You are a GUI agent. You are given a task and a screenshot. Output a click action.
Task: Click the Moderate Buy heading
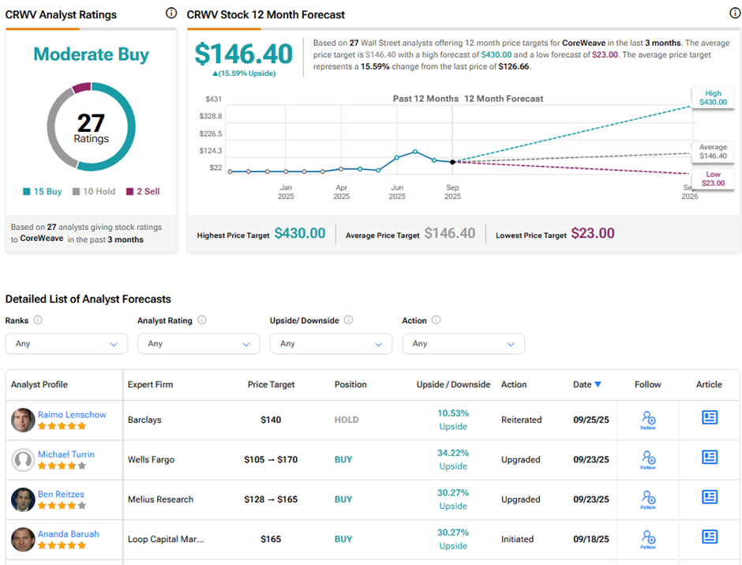(91, 55)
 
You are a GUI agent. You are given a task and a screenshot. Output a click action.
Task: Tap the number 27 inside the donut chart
(91, 122)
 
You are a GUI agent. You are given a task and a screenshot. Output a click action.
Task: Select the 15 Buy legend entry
(43, 191)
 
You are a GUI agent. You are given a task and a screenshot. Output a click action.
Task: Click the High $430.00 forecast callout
(712, 96)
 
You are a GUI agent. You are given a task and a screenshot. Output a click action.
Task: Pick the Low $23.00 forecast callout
(713, 179)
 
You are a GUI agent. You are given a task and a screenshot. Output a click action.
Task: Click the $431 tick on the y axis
(214, 99)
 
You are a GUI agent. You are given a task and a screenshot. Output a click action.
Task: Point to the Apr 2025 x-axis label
(341, 192)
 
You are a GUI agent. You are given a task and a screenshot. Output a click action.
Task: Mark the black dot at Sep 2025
(452, 162)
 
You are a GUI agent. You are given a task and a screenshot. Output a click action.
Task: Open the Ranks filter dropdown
(66, 344)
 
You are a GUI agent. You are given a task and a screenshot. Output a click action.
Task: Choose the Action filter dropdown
(463, 344)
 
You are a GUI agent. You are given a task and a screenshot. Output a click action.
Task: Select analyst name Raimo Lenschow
(72, 414)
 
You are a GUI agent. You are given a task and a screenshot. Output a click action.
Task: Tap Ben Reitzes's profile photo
(23, 499)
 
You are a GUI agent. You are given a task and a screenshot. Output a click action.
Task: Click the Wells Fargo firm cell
(151, 459)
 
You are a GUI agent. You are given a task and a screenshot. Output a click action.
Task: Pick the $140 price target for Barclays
(271, 420)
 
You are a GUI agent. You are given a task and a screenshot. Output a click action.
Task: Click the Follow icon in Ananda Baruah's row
(648, 538)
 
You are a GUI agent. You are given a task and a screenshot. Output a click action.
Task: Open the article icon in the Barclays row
(710, 418)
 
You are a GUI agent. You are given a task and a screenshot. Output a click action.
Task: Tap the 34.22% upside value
(453, 453)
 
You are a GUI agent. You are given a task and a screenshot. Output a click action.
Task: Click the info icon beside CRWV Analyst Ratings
(171, 13)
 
